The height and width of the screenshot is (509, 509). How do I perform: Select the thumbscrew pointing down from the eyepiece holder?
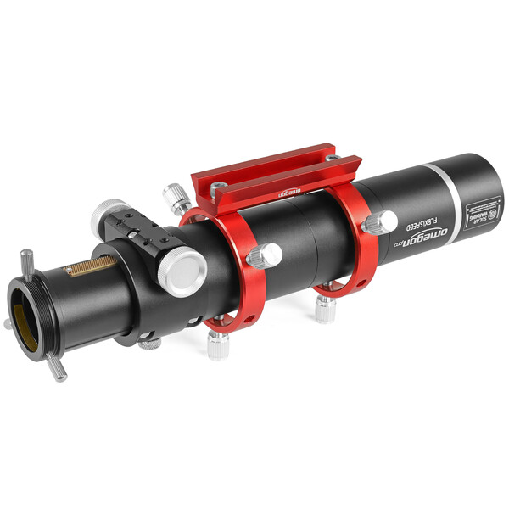pyautogui.click(x=58, y=367)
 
